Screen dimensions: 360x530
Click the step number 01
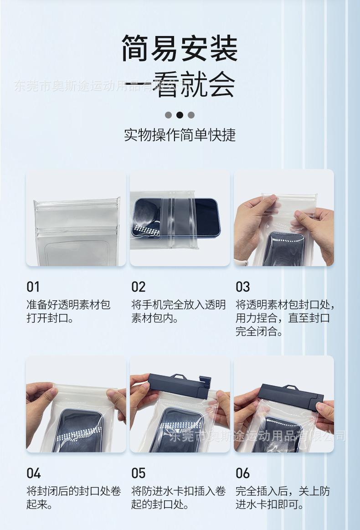click(33, 287)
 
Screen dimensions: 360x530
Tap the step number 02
click(138, 287)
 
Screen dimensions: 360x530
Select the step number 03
click(243, 287)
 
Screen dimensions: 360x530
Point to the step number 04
click(33, 473)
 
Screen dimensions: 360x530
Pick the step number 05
click(138, 473)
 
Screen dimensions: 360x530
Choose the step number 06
click(243, 473)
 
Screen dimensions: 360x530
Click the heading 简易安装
click(180, 48)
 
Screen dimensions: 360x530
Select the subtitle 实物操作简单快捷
click(180, 135)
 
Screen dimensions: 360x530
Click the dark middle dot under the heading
click(180, 115)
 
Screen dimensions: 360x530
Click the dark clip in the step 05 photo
click(179, 386)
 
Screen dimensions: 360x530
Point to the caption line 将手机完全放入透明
click(179, 305)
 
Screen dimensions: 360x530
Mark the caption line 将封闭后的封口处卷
click(74, 491)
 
